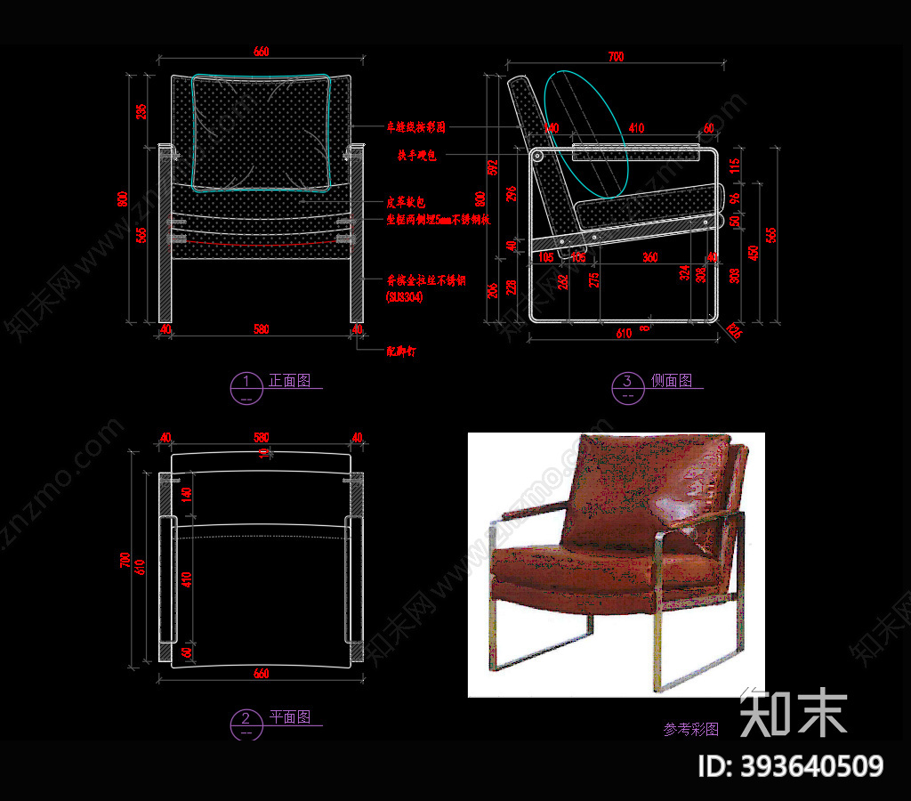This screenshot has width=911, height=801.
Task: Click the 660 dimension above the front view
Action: point(260,53)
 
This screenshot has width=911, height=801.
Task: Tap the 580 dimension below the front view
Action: point(260,330)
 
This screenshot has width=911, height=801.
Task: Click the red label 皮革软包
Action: point(406,202)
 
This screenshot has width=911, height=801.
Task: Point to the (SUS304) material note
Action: point(405,297)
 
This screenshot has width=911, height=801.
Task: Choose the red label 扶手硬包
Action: point(415,156)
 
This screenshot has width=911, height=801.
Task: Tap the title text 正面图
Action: point(290,381)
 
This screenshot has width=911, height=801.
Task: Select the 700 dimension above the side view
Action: point(615,57)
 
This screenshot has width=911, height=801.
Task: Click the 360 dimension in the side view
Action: point(649,257)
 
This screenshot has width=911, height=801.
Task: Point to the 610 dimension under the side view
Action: point(623,334)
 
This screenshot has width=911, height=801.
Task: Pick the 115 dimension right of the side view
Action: point(734,165)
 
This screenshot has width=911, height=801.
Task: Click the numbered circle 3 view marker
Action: point(628,386)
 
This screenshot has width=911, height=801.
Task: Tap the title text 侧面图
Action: point(672,381)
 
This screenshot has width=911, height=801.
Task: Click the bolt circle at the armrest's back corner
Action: point(537,156)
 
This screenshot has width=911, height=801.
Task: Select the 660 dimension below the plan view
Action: point(260,674)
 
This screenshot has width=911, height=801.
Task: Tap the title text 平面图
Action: point(290,717)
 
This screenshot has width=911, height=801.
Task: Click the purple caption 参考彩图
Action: point(690,729)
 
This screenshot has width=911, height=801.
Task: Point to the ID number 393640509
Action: point(793,766)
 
